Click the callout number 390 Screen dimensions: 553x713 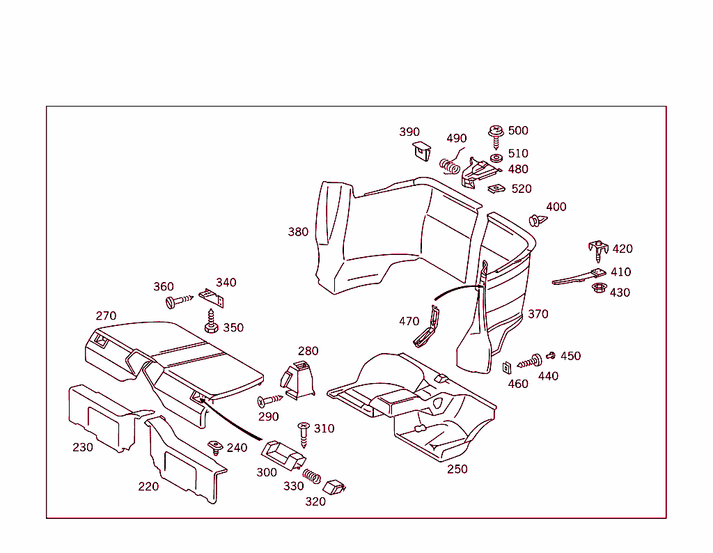pyautogui.click(x=409, y=132)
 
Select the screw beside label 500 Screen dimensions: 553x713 pyautogui.click(x=496, y=136)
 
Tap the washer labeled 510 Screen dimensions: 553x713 pyautogui.click(x=496, y=157)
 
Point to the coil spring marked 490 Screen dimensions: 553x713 pyautogui.click(x=449, y=166)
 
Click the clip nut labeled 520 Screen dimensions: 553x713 pyautogui.click(x=496, y=188)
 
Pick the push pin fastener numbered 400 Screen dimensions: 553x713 pyautogui.click(x=537, y=221)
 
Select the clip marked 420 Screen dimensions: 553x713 pyautogui.click(x=597, y=248)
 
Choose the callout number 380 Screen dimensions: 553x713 pyautogui.click(x=298, y=232)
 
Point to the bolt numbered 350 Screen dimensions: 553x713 pyautogui.click(x=212, y=323)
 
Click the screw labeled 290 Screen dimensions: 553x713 pyautogui.click(x=269, y=401)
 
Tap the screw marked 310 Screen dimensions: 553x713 pyautogui.click(x=304, y=434)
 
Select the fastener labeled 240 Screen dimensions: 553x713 pyautogui.click(x=216, y=447)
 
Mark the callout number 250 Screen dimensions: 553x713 pyautogui.click(x=457, y=469)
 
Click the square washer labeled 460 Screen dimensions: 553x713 pyautogui.click(x=508, y=367)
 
